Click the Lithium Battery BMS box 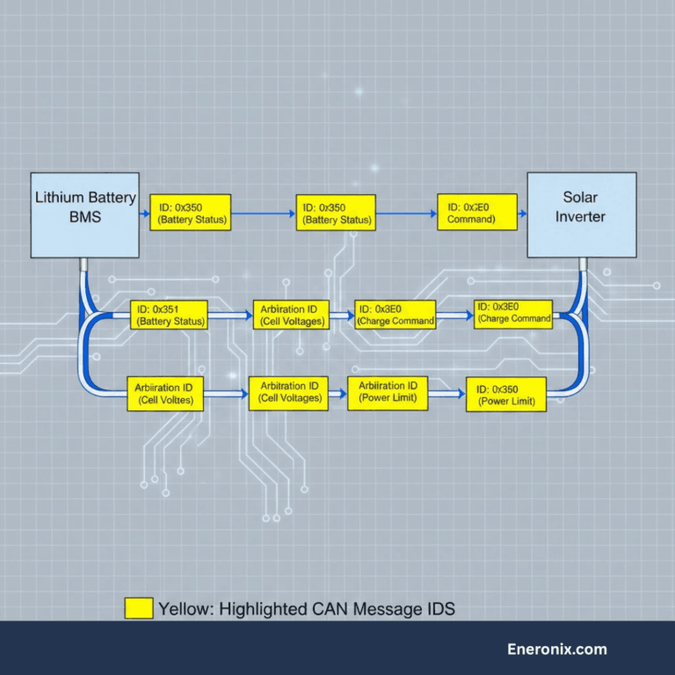84,215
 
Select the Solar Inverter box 581,215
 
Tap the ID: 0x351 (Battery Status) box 171,315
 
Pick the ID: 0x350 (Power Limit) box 504,395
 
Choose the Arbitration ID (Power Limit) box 388,392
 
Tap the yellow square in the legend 138,608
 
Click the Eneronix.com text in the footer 557,650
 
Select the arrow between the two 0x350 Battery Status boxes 264,213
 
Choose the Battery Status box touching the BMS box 190,212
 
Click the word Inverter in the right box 581,216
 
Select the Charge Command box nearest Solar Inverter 513,312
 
